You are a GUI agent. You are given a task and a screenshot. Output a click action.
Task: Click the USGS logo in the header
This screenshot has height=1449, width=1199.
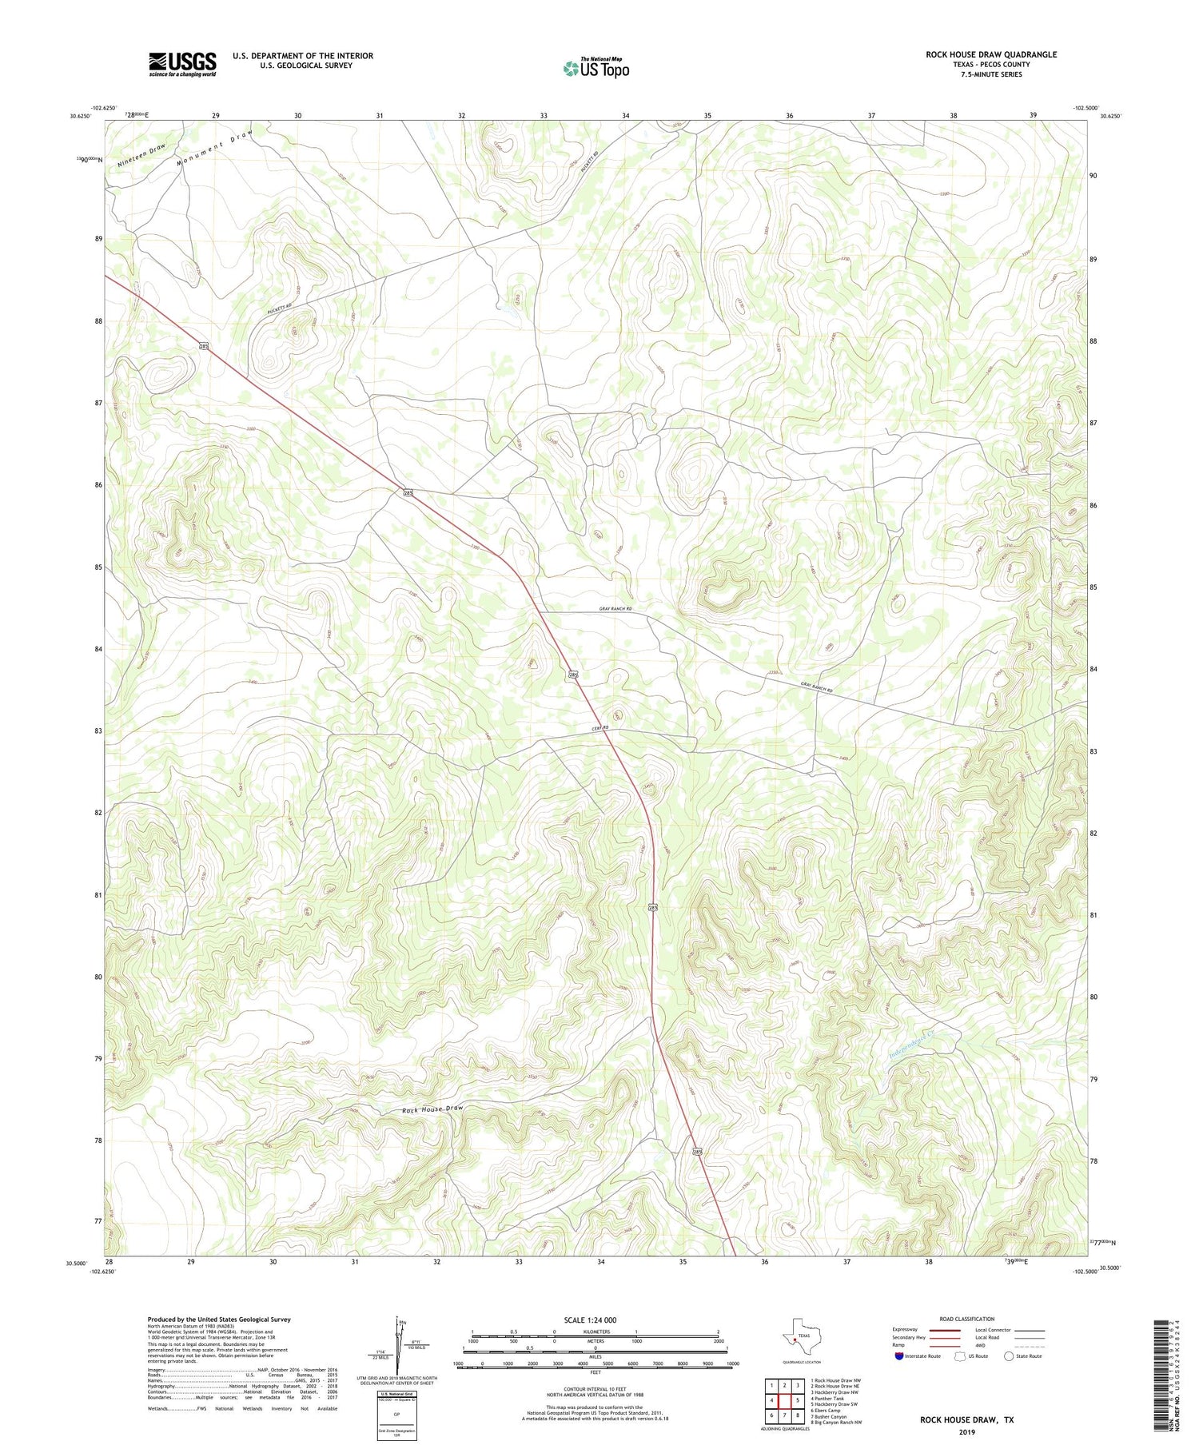point(182,64)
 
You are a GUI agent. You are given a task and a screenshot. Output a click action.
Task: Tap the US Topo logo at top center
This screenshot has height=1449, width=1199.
point(596,69)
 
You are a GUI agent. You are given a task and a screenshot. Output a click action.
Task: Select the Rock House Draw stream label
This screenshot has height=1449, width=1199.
point(432,1109)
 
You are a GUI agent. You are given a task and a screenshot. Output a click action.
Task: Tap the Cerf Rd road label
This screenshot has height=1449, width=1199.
point(600,727)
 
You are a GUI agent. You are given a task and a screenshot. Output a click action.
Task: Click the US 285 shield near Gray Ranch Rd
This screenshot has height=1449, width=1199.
point(573,675)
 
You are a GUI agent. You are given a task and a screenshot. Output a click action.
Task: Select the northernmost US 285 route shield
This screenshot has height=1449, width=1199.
point(205,345)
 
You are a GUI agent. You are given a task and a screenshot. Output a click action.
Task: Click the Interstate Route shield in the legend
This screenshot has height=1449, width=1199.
point(899,1355)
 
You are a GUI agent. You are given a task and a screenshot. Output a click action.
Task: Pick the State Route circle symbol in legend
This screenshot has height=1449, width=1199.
point(1009,1355)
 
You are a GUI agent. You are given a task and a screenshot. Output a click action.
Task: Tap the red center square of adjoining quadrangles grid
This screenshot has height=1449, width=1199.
point(784,1400)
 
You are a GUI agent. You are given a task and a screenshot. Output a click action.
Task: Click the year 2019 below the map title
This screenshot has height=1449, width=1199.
point(966,1432)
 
